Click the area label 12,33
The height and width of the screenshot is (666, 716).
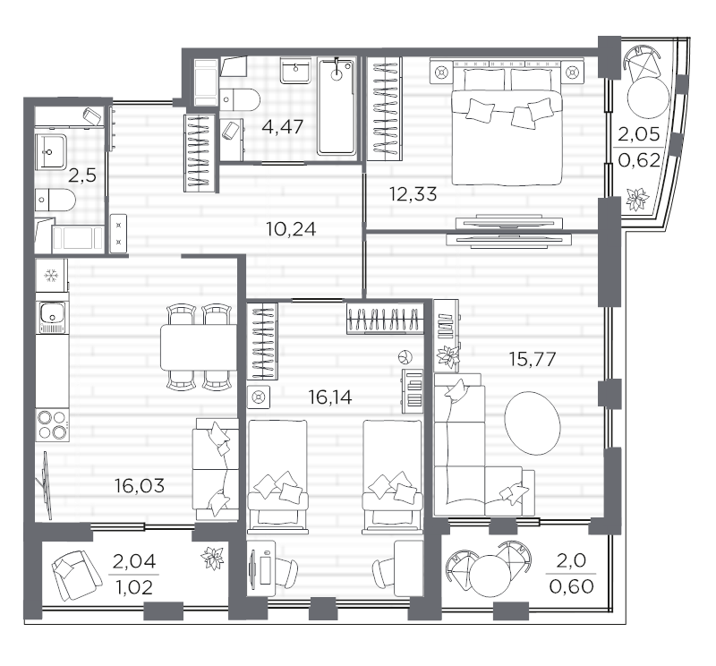(x=413, y=194)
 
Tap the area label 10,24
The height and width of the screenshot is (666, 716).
(x=291, y=229)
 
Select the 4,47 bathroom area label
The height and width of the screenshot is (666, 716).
(x=283, y=126)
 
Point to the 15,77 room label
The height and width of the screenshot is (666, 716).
(x=533, y=360)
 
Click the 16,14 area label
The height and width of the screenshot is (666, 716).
(x=330, y=397)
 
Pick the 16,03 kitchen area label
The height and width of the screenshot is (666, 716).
(x=140, y=485)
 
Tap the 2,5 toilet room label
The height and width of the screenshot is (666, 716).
(x=82, y=175)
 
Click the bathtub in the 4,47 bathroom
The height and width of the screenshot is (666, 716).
(x=337, y=107)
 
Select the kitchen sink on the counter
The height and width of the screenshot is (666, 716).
(x=53, y=314)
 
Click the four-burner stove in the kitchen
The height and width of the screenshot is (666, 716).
(x=53, y=425)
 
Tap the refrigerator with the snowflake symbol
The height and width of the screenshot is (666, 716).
(x=52, y=276)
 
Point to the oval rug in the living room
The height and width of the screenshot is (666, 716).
(x=533, y=423)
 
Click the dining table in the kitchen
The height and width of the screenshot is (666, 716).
(x=199, y=347)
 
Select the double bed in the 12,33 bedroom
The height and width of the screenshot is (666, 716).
(x=507, y=125)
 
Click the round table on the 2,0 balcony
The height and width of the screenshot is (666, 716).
(x=489, y=576)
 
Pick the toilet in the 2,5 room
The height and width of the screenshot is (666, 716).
(x=55, y=201)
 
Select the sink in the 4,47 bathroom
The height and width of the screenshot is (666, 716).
(x=296, y=71)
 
